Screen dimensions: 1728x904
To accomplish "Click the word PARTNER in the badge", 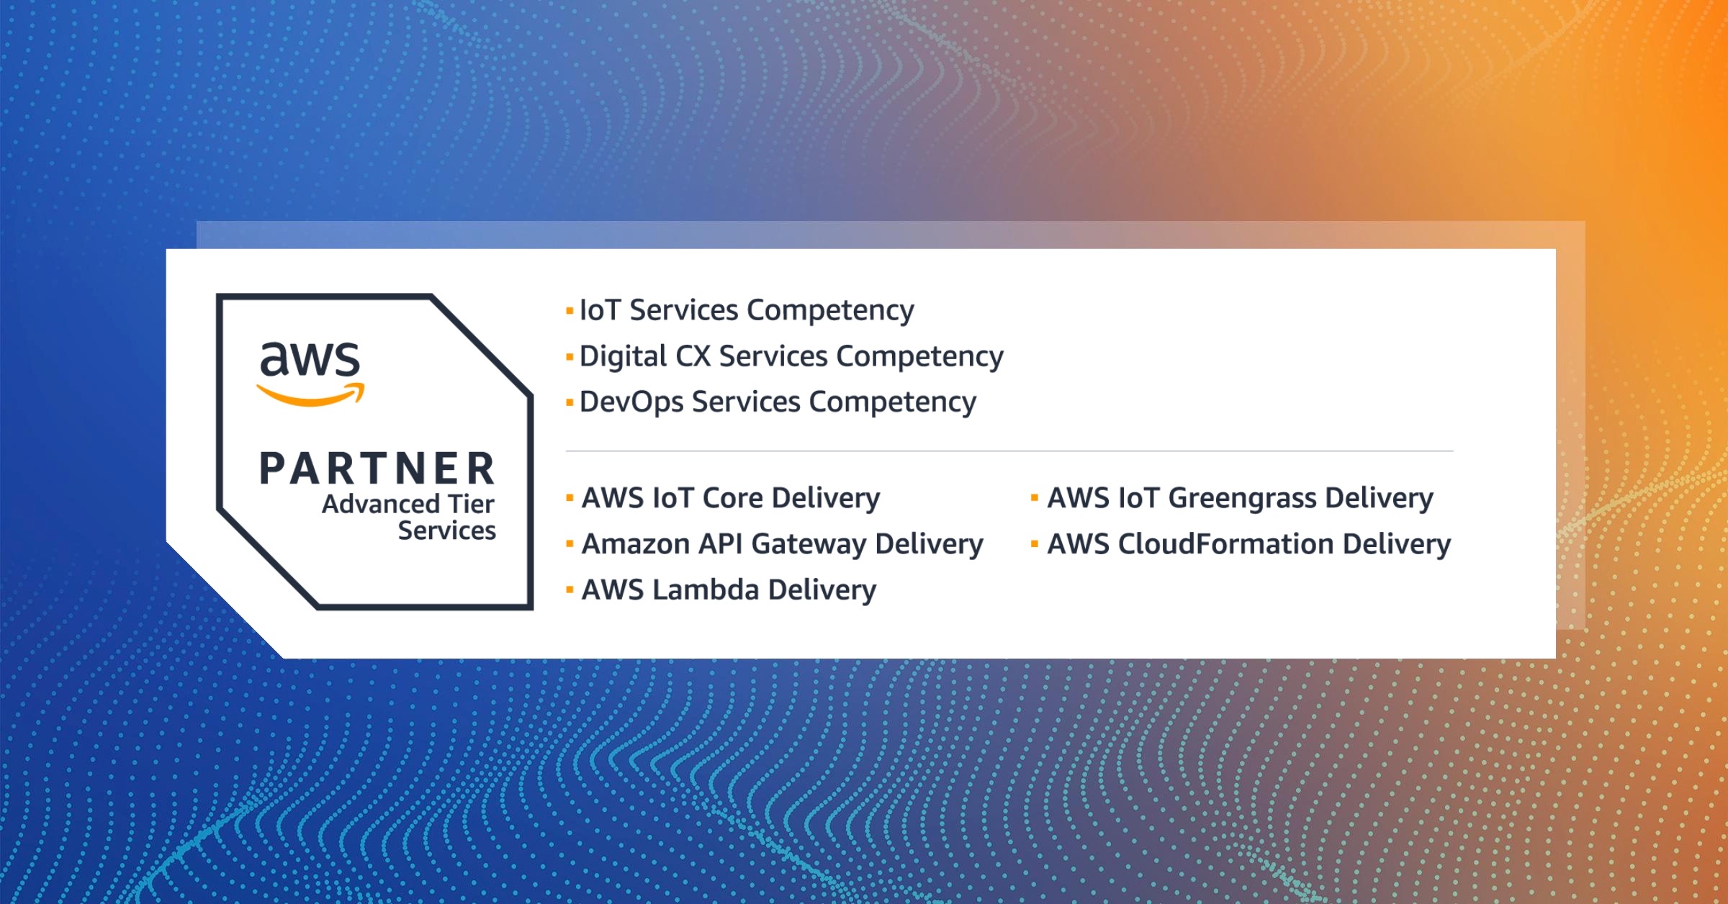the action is pos(377,469).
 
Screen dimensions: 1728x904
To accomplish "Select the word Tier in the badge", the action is pos(471,504).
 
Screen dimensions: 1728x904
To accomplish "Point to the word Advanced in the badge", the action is pos(381,504).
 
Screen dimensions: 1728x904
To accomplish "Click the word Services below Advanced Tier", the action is pos(447,530).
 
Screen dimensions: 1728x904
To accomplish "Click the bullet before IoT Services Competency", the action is pos(570,311).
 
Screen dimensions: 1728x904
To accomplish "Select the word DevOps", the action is pos(631,402).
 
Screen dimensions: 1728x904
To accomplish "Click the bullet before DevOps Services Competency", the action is pos(570,402).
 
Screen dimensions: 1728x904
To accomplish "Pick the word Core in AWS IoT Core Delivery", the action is pos(732,498).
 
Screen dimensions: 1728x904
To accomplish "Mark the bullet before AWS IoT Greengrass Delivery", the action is pos(1035,498).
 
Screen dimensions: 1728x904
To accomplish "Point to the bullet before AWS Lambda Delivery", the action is pos(570,590).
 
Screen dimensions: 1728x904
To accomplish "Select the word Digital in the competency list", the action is pos(624,357).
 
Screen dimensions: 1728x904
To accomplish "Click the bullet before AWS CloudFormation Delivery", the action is pos(1035,544).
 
